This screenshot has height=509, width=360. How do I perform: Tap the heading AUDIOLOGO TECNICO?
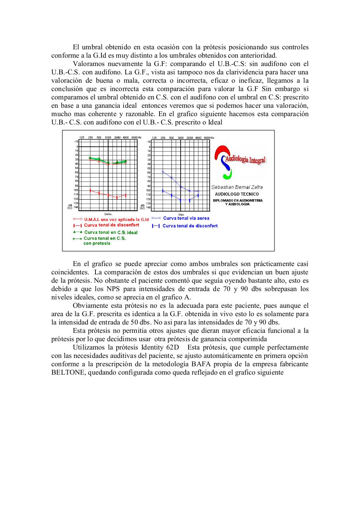(237, 194)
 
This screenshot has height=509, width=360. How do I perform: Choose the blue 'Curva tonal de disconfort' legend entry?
(190, 226)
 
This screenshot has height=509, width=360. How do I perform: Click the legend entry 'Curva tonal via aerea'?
(186, 218)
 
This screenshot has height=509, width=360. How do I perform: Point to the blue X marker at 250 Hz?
(163, 171)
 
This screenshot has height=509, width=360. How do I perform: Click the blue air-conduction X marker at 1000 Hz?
(180, 187)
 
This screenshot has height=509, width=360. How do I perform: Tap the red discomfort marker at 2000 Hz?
(117, 197)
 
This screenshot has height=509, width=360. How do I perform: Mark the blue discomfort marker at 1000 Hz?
(180, 200)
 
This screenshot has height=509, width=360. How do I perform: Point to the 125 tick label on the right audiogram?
(154, 137)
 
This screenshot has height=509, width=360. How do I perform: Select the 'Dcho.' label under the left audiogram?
(108, 214)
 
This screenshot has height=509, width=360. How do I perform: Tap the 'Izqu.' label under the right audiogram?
(180, 214)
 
